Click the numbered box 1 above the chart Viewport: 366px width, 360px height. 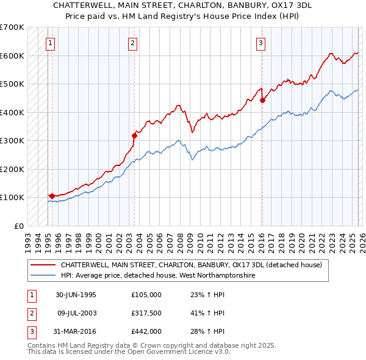[49, 43]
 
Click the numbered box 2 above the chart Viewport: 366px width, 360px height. [132, 43]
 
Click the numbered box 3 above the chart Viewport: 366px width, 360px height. [260, 43]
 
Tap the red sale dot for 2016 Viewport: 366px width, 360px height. [262, 100]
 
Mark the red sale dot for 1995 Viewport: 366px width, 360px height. [52, 196]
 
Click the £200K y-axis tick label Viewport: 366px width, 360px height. [12, 169]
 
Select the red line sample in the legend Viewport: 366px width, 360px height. [43, 265]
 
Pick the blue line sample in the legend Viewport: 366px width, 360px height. [43, 276]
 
